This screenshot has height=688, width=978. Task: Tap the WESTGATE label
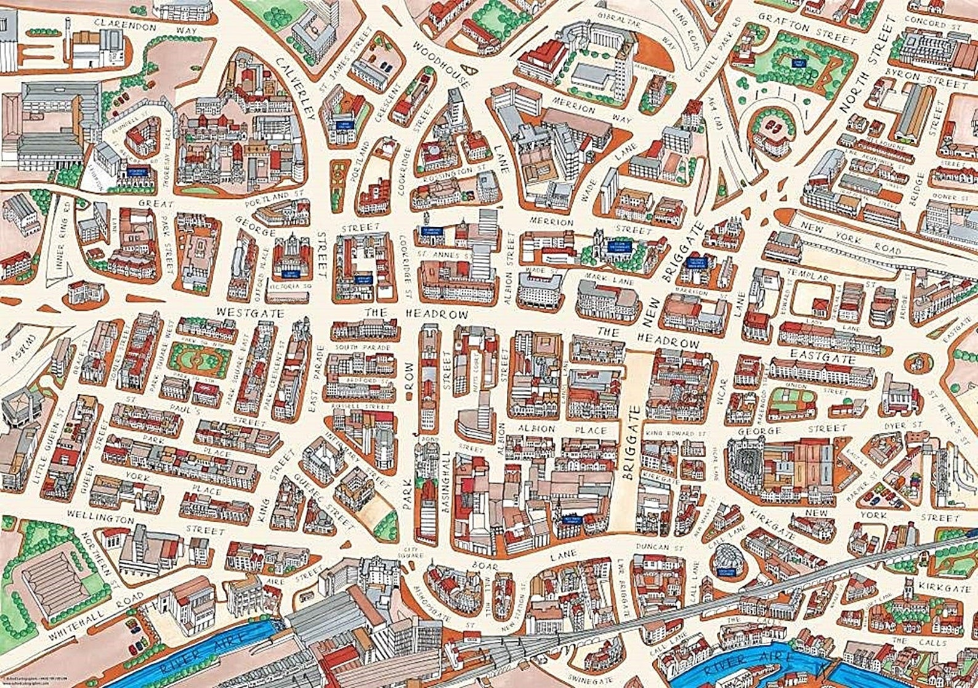[249, 313]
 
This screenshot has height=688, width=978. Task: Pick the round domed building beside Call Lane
[728, 559]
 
